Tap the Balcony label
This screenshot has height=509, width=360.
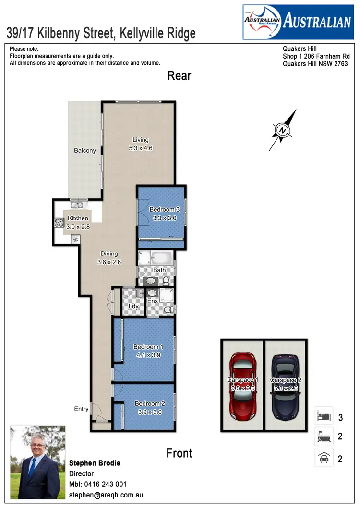click(85, 151)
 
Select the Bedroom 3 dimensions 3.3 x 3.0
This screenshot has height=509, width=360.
click(161, 217)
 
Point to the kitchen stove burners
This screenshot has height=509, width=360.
click(60, 223)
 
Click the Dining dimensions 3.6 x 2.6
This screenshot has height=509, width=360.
click(109, 262)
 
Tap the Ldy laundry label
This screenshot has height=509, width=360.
click(133, 306)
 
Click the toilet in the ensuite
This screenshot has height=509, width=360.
click(168, 311)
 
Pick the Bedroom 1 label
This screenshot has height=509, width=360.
click(148, 347)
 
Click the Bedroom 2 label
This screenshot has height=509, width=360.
click(150, 404)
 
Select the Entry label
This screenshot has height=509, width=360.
click(81, 409)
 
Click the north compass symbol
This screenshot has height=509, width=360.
click(283, 130)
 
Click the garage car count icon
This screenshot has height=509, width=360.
click(324, 458)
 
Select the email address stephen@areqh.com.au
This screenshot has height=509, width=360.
click(106, 495)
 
